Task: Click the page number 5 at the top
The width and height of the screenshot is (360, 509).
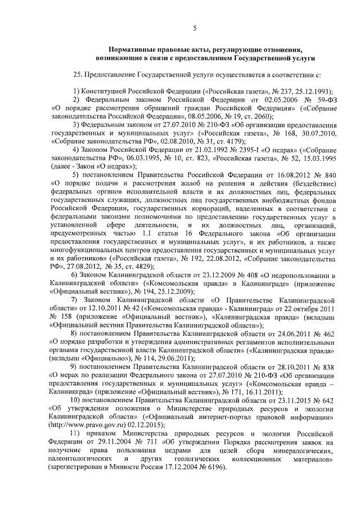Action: (x=194, y=28)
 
